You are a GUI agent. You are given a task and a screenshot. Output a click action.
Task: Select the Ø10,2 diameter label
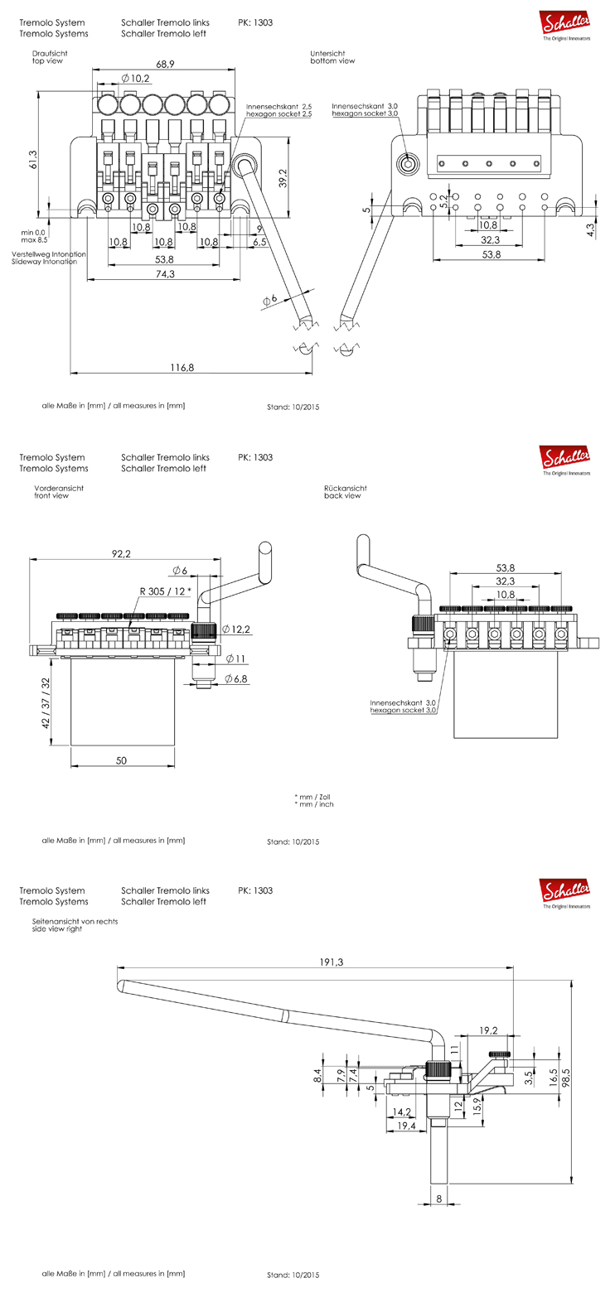coord(136,78)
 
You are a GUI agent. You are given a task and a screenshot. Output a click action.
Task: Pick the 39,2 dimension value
coord(282,176)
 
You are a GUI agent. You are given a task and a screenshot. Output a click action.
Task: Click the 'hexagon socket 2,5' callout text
coord(278,114)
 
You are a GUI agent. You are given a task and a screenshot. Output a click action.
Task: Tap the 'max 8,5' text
coord(35,240)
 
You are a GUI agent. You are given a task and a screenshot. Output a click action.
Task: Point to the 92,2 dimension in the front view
coord(122,554)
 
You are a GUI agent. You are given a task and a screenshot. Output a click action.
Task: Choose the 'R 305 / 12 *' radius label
coord(164,590)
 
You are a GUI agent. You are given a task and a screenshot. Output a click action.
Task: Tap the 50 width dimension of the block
coord(122,760)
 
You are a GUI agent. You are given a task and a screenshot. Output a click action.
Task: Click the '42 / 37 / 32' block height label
coord(46,701)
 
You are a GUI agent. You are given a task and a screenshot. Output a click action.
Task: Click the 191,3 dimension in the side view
coord(331,962)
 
